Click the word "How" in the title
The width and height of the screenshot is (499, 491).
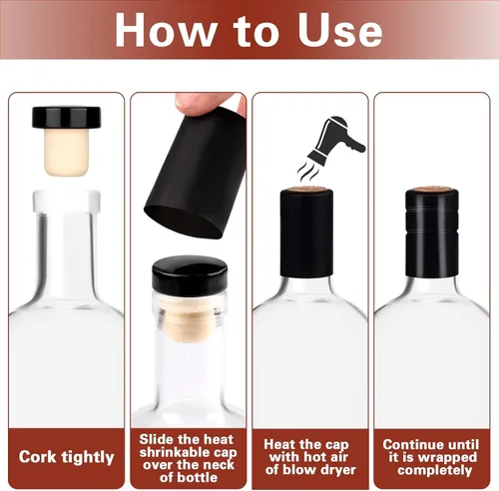[166, 31]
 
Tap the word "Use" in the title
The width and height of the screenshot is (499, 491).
[339, 31]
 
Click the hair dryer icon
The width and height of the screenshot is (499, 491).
[336, 139]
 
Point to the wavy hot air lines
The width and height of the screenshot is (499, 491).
[308, 172]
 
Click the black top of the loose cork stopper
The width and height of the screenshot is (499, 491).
[66, 117]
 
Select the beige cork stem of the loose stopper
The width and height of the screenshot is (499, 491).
[66, 152]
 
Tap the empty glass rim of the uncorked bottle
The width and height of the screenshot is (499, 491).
[66, 202]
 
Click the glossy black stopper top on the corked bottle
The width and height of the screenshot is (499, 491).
[190, 272]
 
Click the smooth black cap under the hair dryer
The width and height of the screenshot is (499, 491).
[306, 233]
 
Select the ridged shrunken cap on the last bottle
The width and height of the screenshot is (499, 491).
[432, 233]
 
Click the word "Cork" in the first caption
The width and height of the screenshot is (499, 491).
[37, 457]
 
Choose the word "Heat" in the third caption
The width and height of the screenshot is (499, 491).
[279, 444]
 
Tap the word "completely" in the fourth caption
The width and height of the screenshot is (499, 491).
[435, 471]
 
